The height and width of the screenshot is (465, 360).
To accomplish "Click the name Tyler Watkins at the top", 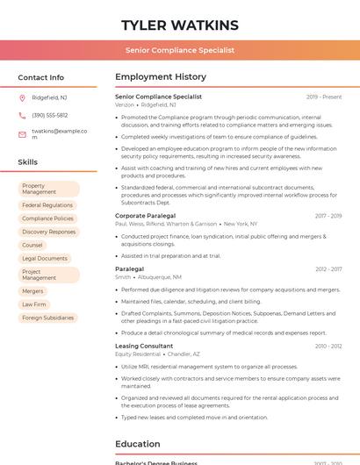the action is [180, 25].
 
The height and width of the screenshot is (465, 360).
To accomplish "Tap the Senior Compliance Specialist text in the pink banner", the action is [180, 50].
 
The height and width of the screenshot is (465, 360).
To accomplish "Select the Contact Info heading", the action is [40, 77].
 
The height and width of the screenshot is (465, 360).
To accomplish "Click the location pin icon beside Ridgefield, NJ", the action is [22, 97].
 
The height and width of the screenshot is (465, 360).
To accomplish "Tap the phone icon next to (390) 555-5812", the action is [22, 115].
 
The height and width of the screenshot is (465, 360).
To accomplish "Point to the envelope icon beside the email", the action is [22, 133].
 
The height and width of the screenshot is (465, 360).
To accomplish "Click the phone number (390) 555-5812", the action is [49, 115].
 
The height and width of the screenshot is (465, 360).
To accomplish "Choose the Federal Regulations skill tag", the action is [47, 204].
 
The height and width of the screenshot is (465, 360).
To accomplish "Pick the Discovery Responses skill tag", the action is [48, 232].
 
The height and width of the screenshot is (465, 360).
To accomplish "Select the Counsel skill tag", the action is [32, 245].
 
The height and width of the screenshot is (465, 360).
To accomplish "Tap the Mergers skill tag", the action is [32, 290].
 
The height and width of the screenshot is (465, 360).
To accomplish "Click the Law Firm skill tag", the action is [34, 304].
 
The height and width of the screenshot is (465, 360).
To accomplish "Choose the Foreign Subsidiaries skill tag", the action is [47, 318].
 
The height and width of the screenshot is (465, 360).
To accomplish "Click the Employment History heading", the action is [161, 77].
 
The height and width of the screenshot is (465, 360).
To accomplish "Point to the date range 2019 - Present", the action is [324, 97].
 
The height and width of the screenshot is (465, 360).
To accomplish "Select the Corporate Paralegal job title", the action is [145, 215].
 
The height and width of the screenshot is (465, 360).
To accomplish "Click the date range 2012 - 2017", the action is [328, 269].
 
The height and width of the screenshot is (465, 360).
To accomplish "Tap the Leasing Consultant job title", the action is [144, 346].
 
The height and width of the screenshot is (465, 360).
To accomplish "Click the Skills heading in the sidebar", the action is [27, 162].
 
